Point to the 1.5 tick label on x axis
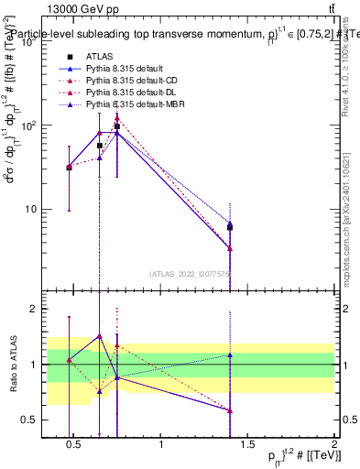(247, 446)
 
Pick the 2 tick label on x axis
(334, 446)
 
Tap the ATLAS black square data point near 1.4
(230, 226)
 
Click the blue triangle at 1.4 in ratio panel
(230, 354)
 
